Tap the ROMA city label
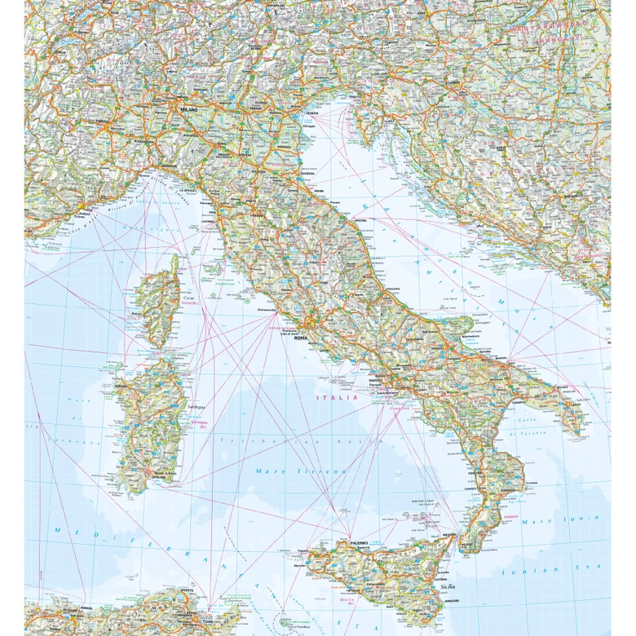300,338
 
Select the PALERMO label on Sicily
356,542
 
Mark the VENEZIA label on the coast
311,113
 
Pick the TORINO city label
101,121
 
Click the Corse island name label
168,299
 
